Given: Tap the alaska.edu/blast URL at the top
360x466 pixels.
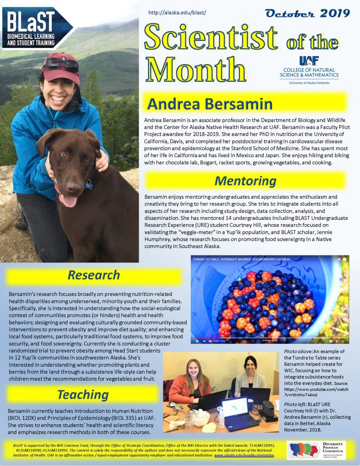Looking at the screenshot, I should pos(177,12).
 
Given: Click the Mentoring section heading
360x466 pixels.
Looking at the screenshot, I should pos(245,180).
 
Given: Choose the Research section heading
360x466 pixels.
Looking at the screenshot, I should pos(94,275).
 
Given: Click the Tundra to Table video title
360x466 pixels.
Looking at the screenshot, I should pos(241,259).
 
